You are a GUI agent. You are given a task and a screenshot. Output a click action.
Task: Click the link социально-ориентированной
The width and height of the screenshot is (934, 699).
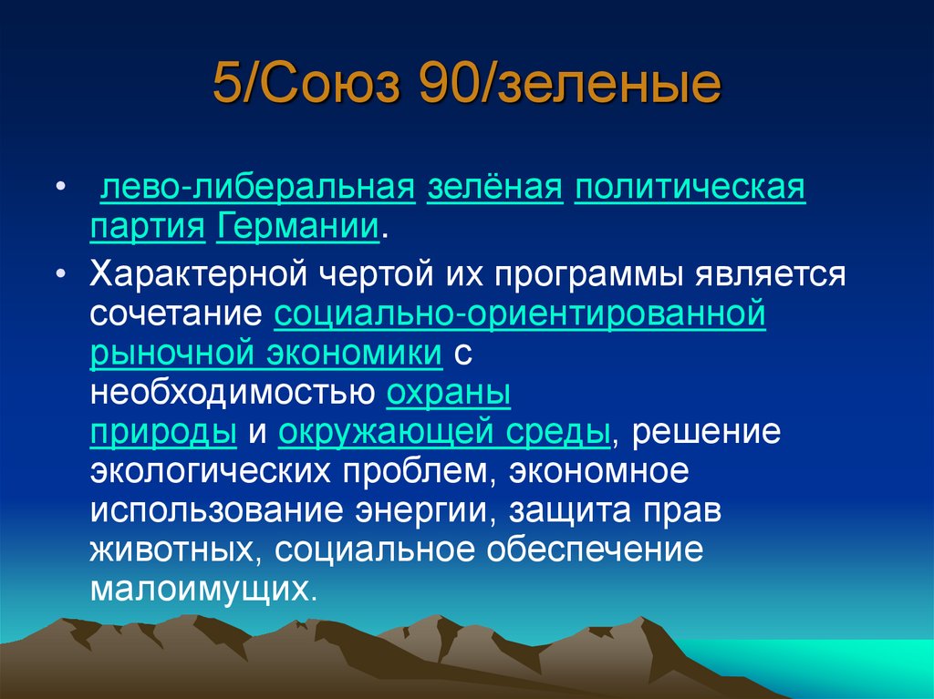pyautogui.click(x=519, y=314)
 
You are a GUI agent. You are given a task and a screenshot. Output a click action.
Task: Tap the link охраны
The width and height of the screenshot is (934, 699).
pyautogui.click(x=448, y=393)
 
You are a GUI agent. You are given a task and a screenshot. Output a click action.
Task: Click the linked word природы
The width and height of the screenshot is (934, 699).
pyautogui.click(x=164, y=432)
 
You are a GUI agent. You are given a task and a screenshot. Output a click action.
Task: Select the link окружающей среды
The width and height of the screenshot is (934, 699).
pyautogui.click(x=444, y=432)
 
